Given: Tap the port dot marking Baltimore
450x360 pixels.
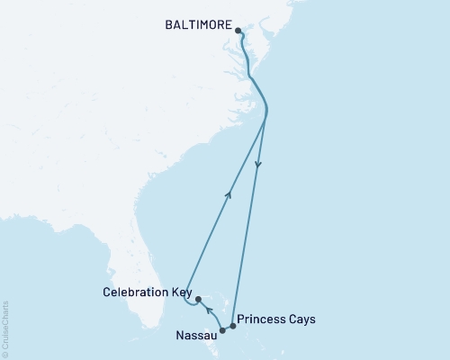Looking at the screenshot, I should coord(238,31).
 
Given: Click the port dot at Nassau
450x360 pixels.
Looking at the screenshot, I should coord(222,330).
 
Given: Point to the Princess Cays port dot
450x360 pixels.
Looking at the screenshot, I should coord(232,326).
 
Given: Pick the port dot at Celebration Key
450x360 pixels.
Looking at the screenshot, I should coord(197,299).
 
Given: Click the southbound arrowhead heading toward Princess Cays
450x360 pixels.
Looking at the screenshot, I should coord(259,165).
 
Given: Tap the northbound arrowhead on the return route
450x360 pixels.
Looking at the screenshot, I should coord(229,192).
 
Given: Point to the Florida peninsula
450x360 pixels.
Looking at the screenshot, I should coord(135,261).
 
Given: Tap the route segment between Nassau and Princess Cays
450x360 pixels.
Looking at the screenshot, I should coord(228,328).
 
